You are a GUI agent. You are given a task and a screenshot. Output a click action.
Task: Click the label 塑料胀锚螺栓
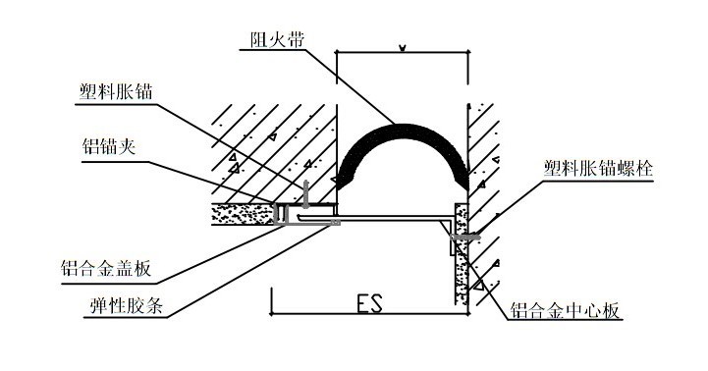click(x=598, y=169)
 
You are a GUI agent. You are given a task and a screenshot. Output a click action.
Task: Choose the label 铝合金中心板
click(x=566, y=312)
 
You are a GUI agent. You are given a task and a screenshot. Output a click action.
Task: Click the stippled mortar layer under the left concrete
click(x=241, y=213)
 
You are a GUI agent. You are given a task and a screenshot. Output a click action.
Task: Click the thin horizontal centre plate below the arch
click(x=393, y=219)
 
